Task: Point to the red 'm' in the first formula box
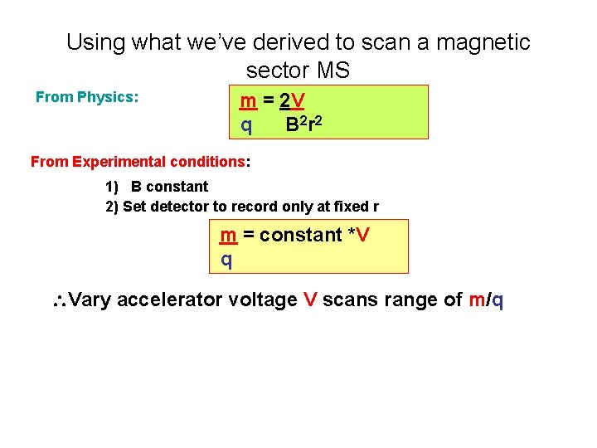247,102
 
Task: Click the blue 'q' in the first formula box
246,125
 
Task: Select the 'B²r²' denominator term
304,125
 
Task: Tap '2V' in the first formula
292,102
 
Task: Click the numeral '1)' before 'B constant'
112,187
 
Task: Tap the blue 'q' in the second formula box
226,260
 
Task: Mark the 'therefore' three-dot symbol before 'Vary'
58,300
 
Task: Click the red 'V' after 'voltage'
310,299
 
